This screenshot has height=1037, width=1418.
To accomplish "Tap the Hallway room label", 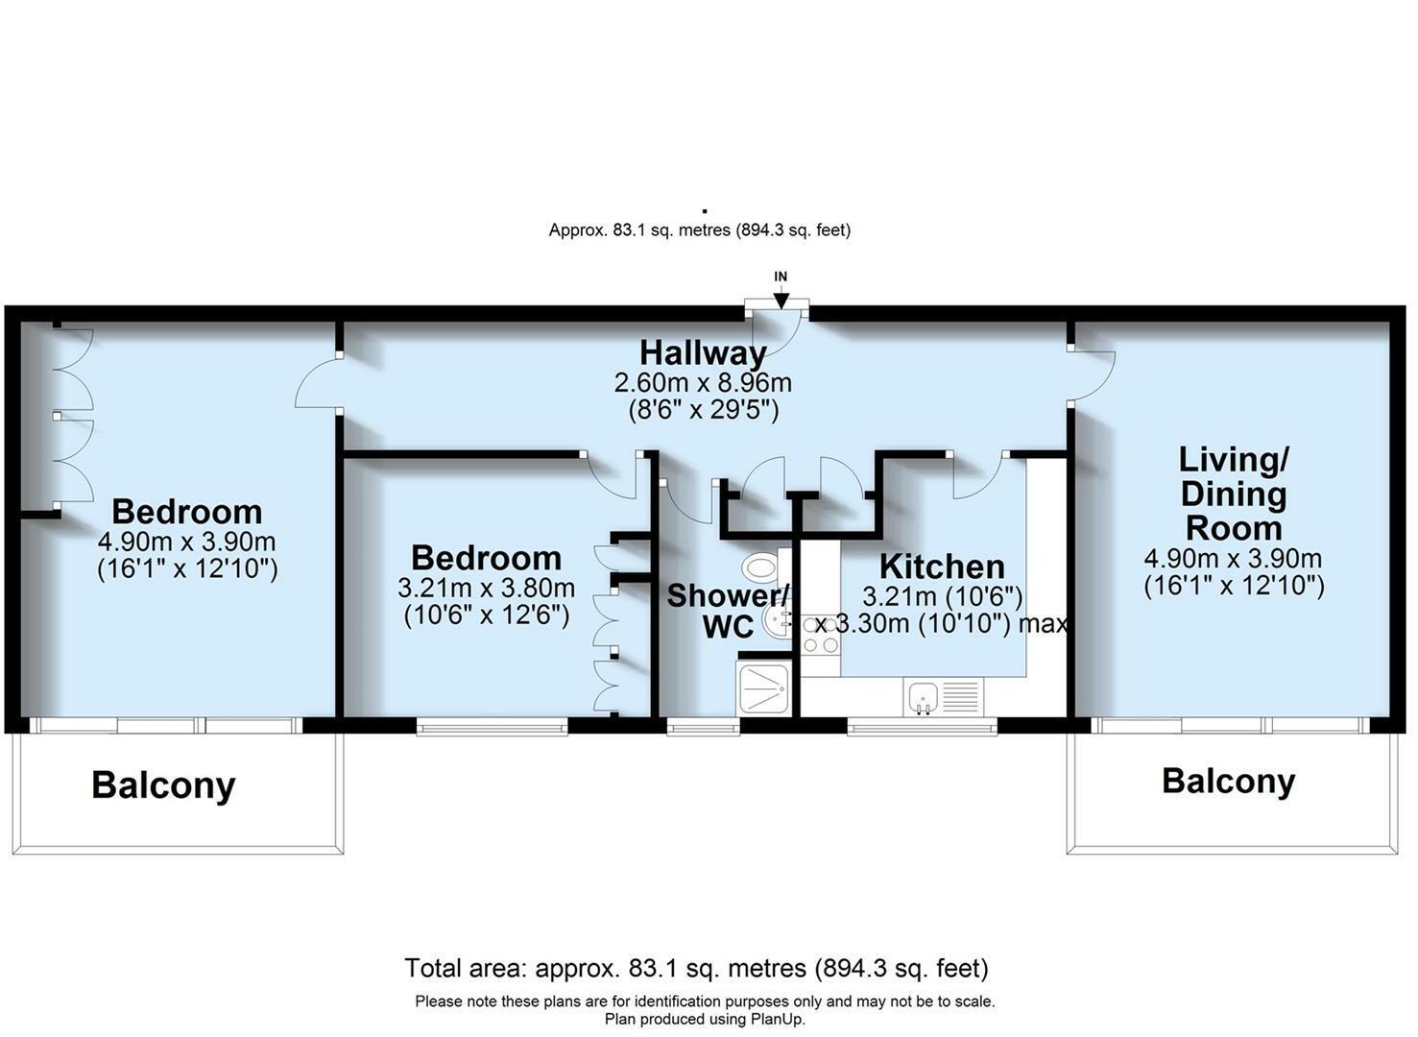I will (703, 352).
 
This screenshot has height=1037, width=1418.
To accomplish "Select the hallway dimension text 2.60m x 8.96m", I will (703, 383).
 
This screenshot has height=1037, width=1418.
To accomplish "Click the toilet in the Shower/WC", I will (762, 567).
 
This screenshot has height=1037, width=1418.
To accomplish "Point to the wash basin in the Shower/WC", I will (777, 620).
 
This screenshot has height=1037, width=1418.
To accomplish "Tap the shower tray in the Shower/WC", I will (763, 687).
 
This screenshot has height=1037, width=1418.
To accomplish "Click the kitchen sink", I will (923, 695).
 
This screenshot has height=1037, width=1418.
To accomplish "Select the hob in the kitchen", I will (821, 634).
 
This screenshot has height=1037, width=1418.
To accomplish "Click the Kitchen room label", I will (942, 566).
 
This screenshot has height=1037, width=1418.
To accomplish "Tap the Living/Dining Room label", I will (1233, 494).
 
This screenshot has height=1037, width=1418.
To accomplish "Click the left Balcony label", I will (163, 785).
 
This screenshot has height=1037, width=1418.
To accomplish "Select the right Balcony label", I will (1228, 781).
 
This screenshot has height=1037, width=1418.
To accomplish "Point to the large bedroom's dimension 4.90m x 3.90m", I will (187, 541).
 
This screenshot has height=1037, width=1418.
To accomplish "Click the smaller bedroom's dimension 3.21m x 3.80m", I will (487, 587).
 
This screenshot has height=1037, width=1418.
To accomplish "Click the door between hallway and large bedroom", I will (317, 384).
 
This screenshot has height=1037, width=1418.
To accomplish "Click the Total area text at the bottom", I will (696, 967).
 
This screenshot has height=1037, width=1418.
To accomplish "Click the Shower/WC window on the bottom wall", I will (703, 729).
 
